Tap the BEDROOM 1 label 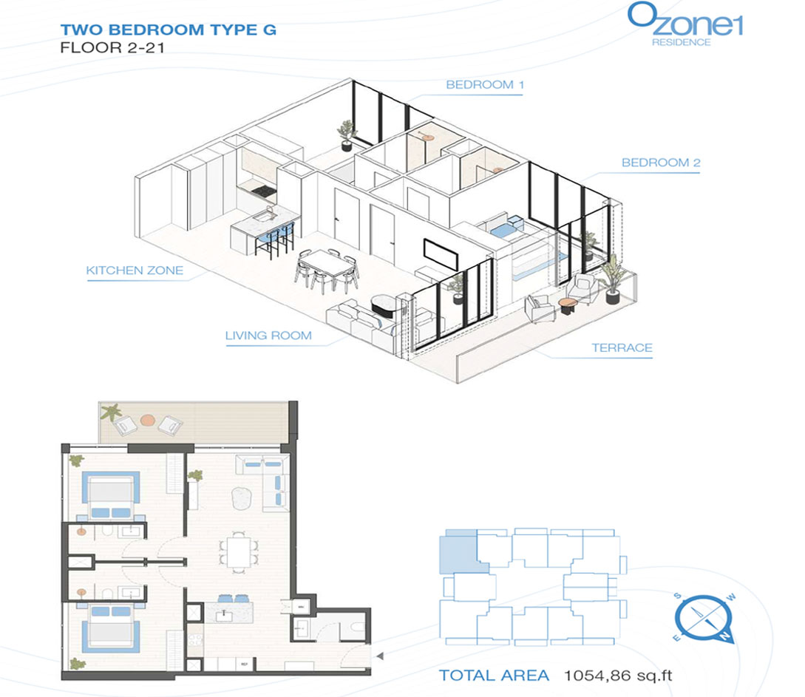485,85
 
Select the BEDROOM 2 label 661,163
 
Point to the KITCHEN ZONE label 135,271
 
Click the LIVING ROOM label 268,336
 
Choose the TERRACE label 622,348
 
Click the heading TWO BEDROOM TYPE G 169,30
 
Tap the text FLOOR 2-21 112,48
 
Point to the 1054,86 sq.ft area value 618,676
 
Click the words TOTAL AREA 494,676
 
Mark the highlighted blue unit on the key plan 461,551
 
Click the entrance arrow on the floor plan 380,656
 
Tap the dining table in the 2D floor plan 238,551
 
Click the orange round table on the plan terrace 147,420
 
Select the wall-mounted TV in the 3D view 441,254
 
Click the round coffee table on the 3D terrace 568,305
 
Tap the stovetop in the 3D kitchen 263,192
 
